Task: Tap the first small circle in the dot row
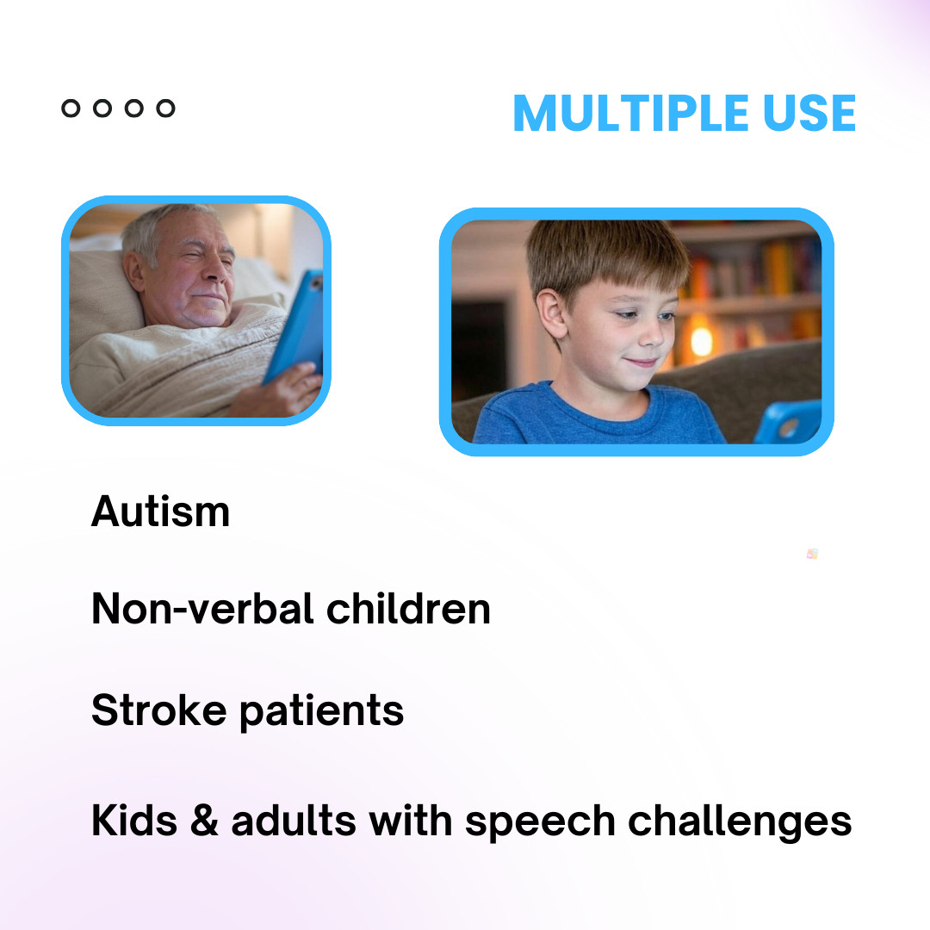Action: click(71, 108)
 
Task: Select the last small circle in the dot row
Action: click(165, 108)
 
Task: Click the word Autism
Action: click(160, 512)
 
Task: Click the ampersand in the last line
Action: click(203, 821)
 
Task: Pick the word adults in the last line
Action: click(293, 821)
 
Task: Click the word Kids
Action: click(133, 821)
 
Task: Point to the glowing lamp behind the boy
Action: click(701, 340)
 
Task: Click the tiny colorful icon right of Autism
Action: click(812, 554)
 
